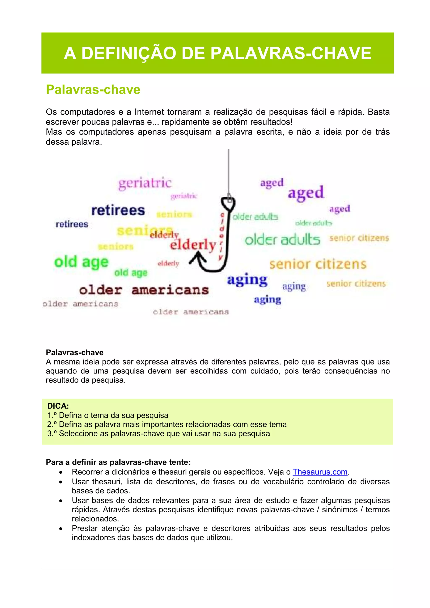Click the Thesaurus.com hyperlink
pyautogui.click(x=320, y=472)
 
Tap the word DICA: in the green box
pyautogui.click(x=58, y=406)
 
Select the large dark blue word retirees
pyautogui.click(x=118, y=211)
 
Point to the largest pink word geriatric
pyautogui.click(x=145, y=183)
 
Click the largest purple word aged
pyautogui.click(x=306, y=193)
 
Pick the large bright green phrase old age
pyautogui.click(x=81, y=262)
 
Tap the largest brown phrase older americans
pyautogui.click(x=144, y=290)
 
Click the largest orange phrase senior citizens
pyautogui.click(x=318, y=264)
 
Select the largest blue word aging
pyautogui.click(x=247, y=280)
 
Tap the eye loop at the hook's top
pyautogui.click(x=228, y=202)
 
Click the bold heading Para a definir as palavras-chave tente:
pyautogui.click(x=118, y=462)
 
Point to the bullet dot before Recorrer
pyautogui.click(x=61, y=472)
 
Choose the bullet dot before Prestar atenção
pyautogui.click(x=61, y=529)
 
